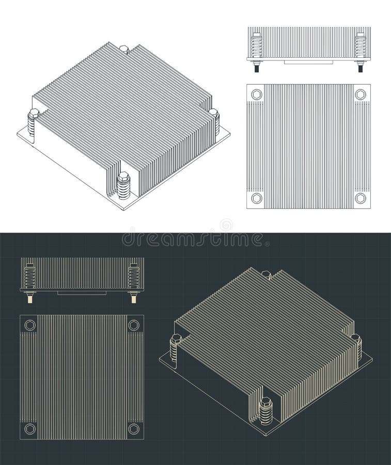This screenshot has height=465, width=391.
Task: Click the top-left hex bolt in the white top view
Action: [x=257, y=95]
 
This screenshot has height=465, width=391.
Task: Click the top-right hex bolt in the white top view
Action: [x=361, y=95]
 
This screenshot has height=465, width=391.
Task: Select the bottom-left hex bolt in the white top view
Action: [x=257, y=198]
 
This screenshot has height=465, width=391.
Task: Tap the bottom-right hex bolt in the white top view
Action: [x=361, y=198]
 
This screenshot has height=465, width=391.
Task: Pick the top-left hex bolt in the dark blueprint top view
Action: [x=30, y=325]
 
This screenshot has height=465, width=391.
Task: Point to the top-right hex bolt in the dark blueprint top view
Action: [x=134, y=325]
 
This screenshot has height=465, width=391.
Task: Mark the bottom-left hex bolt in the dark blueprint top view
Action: [x=30, y=429]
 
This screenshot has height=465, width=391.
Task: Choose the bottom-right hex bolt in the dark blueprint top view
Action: [x=134, y=429]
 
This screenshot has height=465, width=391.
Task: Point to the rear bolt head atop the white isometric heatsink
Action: [x=124, y=50]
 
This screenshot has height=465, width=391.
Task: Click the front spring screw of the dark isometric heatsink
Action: [x=265, y=411]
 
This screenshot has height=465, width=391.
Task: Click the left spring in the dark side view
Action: [x=30, y=276]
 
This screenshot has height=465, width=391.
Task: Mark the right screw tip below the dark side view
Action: [x=134, y=299]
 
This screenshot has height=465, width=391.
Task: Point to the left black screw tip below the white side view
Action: [x=257, y=68]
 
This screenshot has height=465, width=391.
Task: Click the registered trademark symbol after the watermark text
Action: [x=267, y=242]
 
